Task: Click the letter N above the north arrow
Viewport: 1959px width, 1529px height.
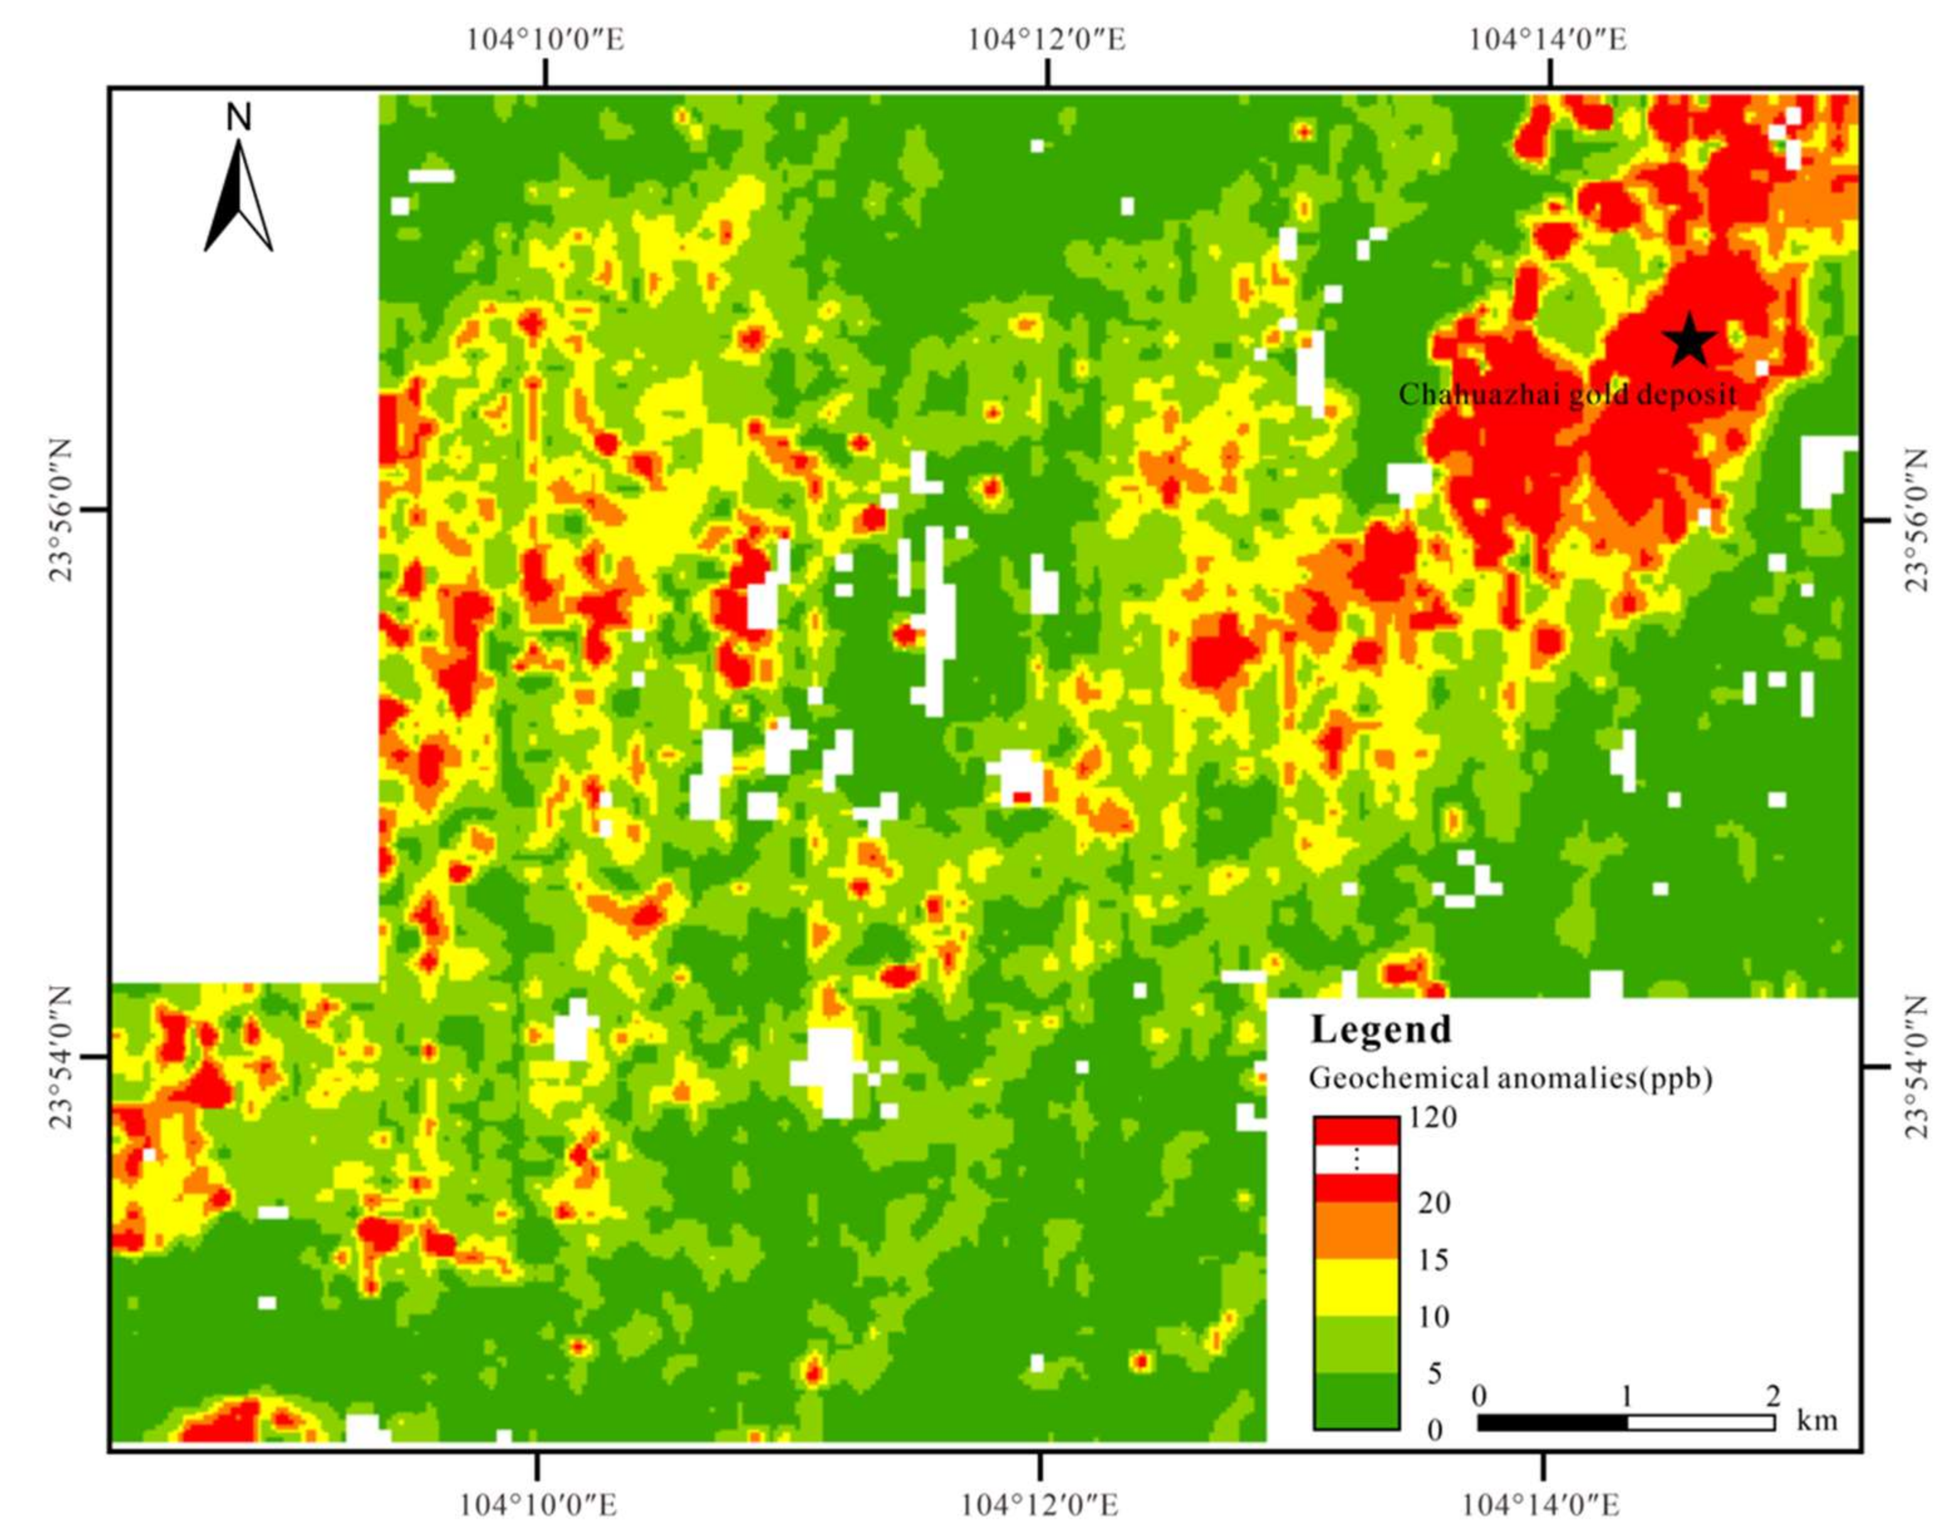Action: coord(239,117)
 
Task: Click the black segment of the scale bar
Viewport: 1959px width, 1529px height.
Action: coord(1552,1423)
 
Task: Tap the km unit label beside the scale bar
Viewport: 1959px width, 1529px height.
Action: coord(1816,1420)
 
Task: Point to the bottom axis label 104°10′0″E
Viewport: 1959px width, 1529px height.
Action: coord(538,1504)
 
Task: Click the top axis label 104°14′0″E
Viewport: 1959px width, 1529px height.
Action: coord(1548,40)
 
